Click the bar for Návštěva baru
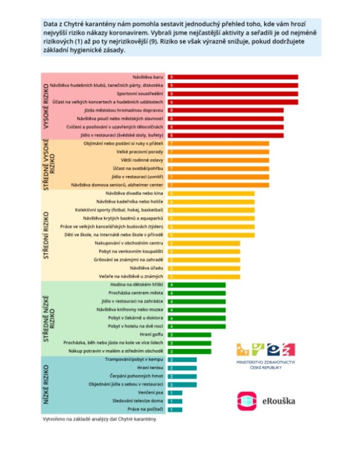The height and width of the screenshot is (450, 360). (233, 77)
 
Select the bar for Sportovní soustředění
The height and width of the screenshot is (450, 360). (233, 93)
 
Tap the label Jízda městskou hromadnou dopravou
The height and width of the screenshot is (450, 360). (133, 110)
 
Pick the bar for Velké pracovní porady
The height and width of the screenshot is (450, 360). (218, 152)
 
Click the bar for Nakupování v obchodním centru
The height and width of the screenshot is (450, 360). (204, 243)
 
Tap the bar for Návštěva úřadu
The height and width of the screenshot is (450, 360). (204, 268)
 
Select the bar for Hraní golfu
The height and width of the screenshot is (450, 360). (189, 335)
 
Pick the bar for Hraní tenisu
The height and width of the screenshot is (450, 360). (182, 368)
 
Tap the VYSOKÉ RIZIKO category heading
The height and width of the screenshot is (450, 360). (46, 106)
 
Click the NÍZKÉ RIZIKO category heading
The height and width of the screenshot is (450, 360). (46, 384)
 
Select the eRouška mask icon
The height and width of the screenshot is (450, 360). (247, 401)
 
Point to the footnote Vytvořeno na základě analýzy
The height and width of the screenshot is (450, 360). (99, 419)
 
